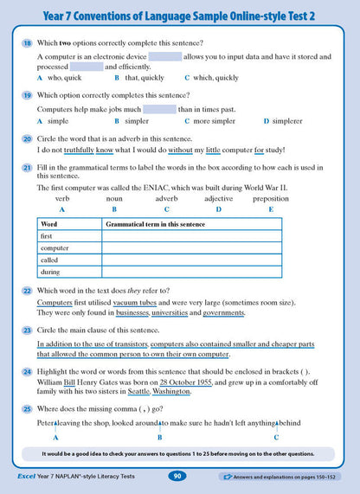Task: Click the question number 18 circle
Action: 28,42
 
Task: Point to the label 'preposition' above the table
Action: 271,199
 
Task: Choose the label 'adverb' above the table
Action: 166,199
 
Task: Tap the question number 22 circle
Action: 28,289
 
